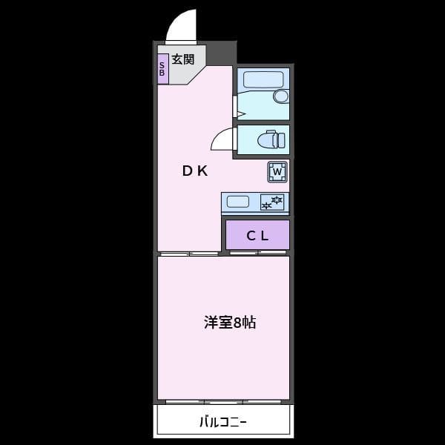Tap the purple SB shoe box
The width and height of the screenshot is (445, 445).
162,68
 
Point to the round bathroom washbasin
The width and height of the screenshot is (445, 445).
280,96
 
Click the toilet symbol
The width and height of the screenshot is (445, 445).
270,139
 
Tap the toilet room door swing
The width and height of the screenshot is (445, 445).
222,140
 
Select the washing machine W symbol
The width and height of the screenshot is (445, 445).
277,173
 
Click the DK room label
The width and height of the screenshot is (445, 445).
195,171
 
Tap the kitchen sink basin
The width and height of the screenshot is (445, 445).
238,201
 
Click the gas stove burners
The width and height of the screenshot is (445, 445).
272,202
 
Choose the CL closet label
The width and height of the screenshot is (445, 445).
257,236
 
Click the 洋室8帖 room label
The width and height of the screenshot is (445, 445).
230,323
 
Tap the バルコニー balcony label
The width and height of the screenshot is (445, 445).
222,423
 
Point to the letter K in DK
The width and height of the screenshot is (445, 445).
202,171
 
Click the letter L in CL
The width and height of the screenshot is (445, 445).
263,236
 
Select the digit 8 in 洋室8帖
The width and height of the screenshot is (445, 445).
237,323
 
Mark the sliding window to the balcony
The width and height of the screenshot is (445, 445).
223,402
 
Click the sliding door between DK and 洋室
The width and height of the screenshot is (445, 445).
189,254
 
